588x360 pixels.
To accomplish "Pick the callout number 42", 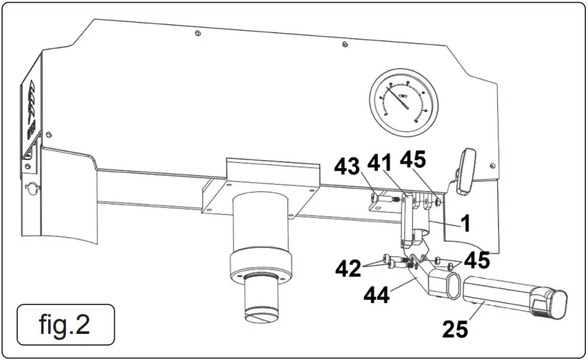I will point(349,267).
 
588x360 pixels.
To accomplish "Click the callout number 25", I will point(455,329).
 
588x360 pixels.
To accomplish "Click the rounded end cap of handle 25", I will point(556,304).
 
